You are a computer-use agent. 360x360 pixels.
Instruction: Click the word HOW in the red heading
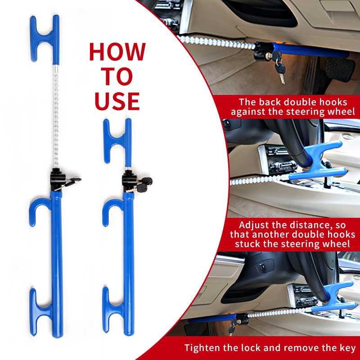point(117,52)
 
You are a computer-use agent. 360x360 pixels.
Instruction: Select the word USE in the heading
point(117,101)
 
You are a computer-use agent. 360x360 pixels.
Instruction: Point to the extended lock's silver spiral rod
point(56,117)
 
